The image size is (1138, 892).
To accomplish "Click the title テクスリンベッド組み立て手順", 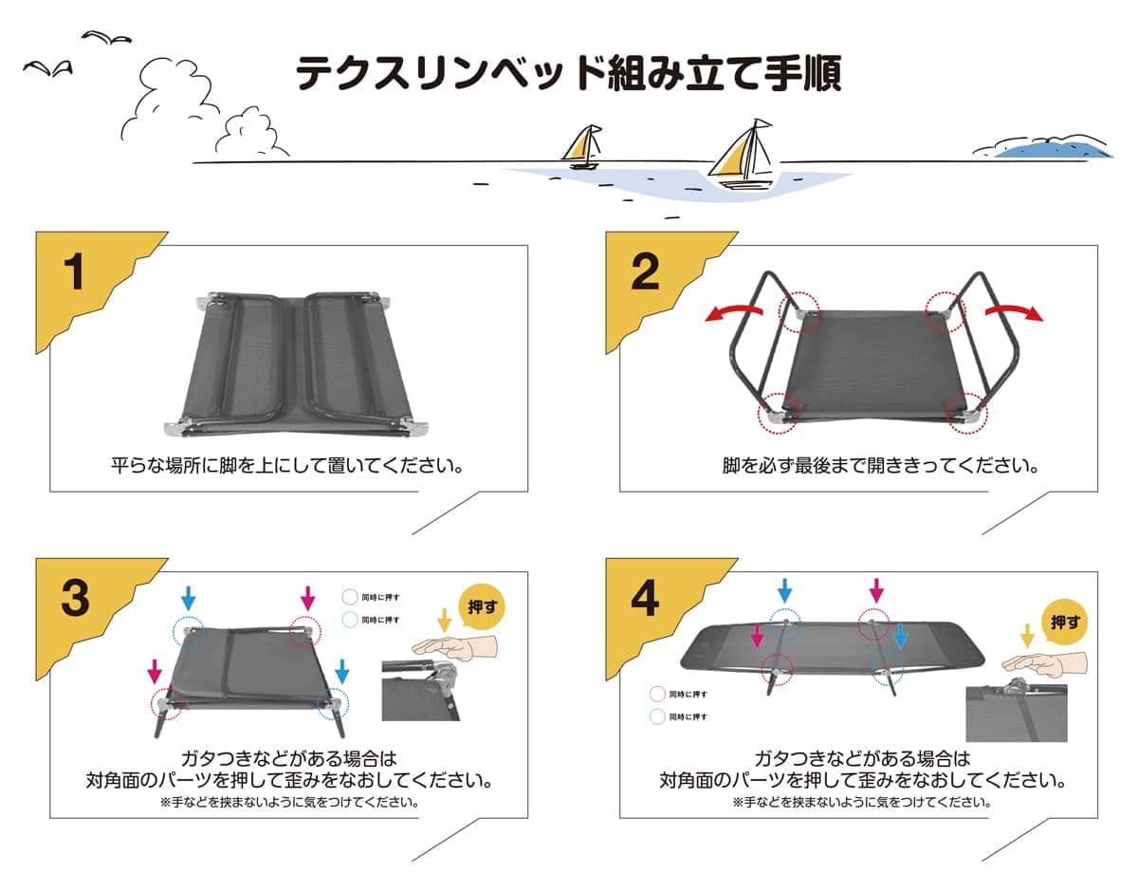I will point(568,73).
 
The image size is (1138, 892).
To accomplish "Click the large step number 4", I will point(645,599).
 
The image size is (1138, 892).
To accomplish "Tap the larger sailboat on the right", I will point(744,156).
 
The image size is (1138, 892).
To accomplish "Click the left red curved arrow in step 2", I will point(734,314).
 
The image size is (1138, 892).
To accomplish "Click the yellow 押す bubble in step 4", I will point(1063,622).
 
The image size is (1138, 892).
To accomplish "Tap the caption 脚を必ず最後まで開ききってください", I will point(881,466).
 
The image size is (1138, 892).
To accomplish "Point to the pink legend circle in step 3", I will point(348,598).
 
